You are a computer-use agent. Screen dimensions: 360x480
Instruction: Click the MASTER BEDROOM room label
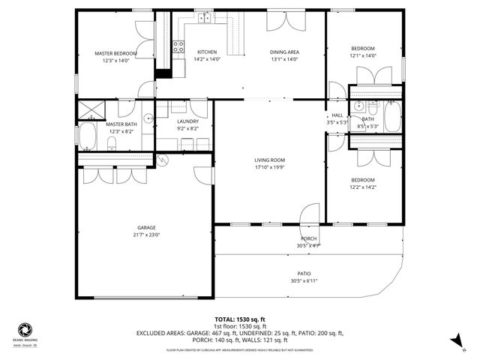pyautogui.click(x=115, y=53)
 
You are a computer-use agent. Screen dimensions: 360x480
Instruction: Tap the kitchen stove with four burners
pyautogui.click(x=179, y=48)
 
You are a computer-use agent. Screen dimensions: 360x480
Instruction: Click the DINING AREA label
pyautogui.click(x=285, y=52)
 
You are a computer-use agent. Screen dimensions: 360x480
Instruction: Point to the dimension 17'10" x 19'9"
pyautogui.click(x=269, y=167)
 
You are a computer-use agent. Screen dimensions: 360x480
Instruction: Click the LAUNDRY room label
pyautogui.click(x=187, y=121)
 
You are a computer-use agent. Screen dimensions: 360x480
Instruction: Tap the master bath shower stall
pyautogui.click(x=91, y=109)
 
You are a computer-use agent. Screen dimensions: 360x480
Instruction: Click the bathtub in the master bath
pyautogui.click(x=87, y=137)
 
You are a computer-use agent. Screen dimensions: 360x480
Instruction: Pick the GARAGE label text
pyautogui.click(x=146, y=227)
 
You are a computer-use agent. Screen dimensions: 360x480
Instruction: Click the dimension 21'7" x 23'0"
pyautogui.click(x=146, y=235)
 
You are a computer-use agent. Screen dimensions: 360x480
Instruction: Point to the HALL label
pyautogui.click(x=337, y=115)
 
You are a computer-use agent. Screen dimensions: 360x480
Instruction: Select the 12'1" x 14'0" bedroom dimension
pyautogui.click(x=362, y=55)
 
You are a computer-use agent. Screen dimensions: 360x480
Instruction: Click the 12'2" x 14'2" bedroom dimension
pyautogui.click(x=363, y=187)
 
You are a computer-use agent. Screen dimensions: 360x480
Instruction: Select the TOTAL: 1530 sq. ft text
pyautogui.click(x=239, y=319)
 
